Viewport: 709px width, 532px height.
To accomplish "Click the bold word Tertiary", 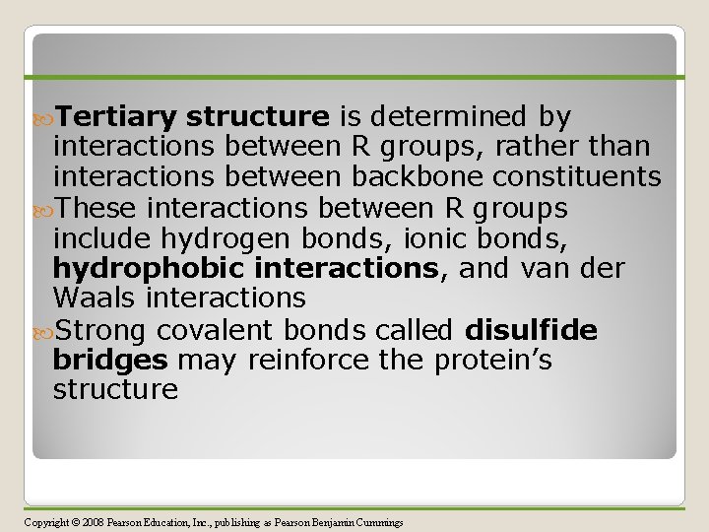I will coord(116,118).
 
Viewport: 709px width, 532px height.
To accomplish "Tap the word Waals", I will coord(94,299).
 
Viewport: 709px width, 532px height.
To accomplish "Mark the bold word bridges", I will coord(110,360).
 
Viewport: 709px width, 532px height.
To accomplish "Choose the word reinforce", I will coord(306,360).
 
